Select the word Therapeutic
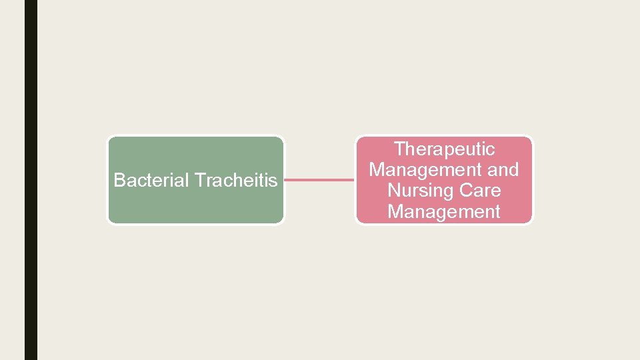click(444, 149)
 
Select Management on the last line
click(444, 212)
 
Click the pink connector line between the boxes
click(319, 179)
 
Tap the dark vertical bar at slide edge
click(31, 180)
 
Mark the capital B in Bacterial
click(119, 180)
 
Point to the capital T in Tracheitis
click(199, 180)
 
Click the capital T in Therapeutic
click(399, 149)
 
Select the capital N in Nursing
click(393, 191)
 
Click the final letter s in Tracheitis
click(273, 181)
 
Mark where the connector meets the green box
click(285, 179)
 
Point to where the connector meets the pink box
click(355, 179)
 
